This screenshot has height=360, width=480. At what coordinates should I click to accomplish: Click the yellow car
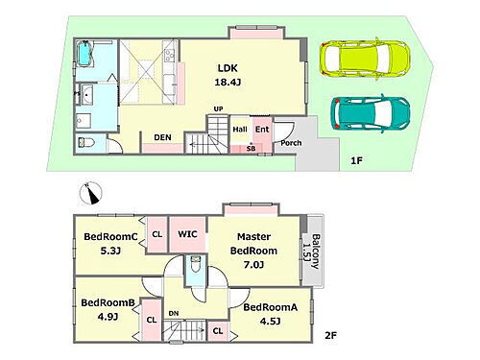(x=365, y=59)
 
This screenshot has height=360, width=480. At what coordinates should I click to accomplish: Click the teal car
(x=371, y=113)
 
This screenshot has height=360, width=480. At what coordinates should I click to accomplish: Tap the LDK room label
(x=228, y=68)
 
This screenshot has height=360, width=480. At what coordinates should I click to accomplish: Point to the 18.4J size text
(x=228, y=83)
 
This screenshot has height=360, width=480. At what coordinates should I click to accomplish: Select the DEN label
(x=162, y=137)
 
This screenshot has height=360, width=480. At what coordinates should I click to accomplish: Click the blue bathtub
(x=85, y=54)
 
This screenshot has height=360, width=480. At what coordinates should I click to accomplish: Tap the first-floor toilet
(x=85, y=143)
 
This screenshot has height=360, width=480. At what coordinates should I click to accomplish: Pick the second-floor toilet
(x=195, y=264)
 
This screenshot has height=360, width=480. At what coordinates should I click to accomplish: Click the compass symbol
(x=90, y=193)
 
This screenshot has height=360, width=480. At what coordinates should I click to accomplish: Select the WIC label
(x=187, y=234)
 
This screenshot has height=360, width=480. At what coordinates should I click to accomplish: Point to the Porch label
(x=291, y=143)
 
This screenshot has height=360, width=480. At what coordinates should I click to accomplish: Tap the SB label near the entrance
(x=252, y=149)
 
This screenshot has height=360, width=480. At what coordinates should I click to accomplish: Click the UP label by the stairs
(x=218, y=109)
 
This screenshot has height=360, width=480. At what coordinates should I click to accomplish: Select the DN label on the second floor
(x=174, y=313)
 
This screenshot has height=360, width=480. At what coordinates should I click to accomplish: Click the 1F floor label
(x=356, y=160)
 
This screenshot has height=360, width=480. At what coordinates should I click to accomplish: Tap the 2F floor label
(x=330, y=336)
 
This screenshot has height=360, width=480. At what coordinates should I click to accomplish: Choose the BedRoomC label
(x=110, y=236)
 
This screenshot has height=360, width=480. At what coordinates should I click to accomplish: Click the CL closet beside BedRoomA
(x=218, y=330)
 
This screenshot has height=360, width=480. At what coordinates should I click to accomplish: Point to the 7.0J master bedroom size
(x=253, y=265)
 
